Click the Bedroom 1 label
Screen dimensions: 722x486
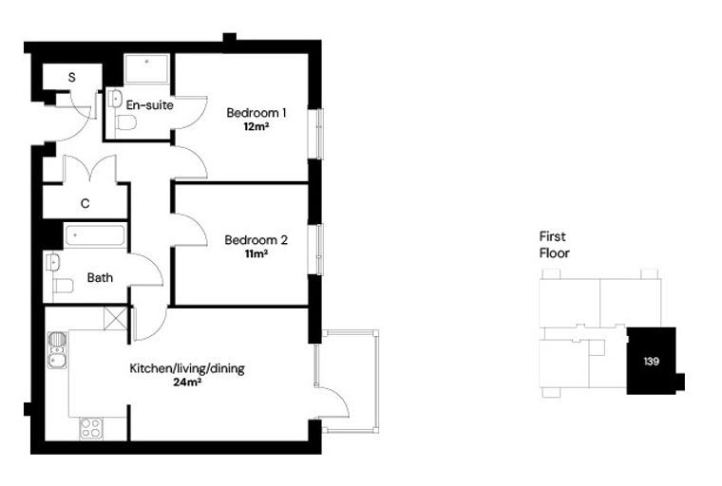click(x=256, y=112)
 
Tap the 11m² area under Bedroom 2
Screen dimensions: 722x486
click(x=256, y=253)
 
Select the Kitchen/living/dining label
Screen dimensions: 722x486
click(x=187, y=368)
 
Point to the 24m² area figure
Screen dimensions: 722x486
click(x=187, y=382)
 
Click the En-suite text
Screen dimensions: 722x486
click(x=150, y=105)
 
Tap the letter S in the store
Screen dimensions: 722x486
click(x=72, y=77)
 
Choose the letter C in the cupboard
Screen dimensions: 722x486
click(x=85, y=203)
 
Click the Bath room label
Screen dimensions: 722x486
click(x=100, y=277)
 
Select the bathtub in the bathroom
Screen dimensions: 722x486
click(x=95, y=235)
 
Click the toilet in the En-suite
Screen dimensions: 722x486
click(x=126, y=122)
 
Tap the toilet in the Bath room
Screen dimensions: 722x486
click(x=63, y=286)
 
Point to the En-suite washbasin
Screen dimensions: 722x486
click(x=115, y=99)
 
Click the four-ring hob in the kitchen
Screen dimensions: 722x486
click(x=90, y=428)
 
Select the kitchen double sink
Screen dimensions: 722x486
click(x=57, y=350)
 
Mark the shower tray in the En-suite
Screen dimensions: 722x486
click(x=147, y=69)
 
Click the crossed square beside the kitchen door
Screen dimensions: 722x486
click(x=115, y=319)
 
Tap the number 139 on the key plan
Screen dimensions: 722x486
click(x=651, y=362)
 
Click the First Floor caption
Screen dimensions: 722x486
click(x=555, y=245)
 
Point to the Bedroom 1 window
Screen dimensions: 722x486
click(x=320, y=135)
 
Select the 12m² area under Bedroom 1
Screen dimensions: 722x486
click(x=256, y=126)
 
